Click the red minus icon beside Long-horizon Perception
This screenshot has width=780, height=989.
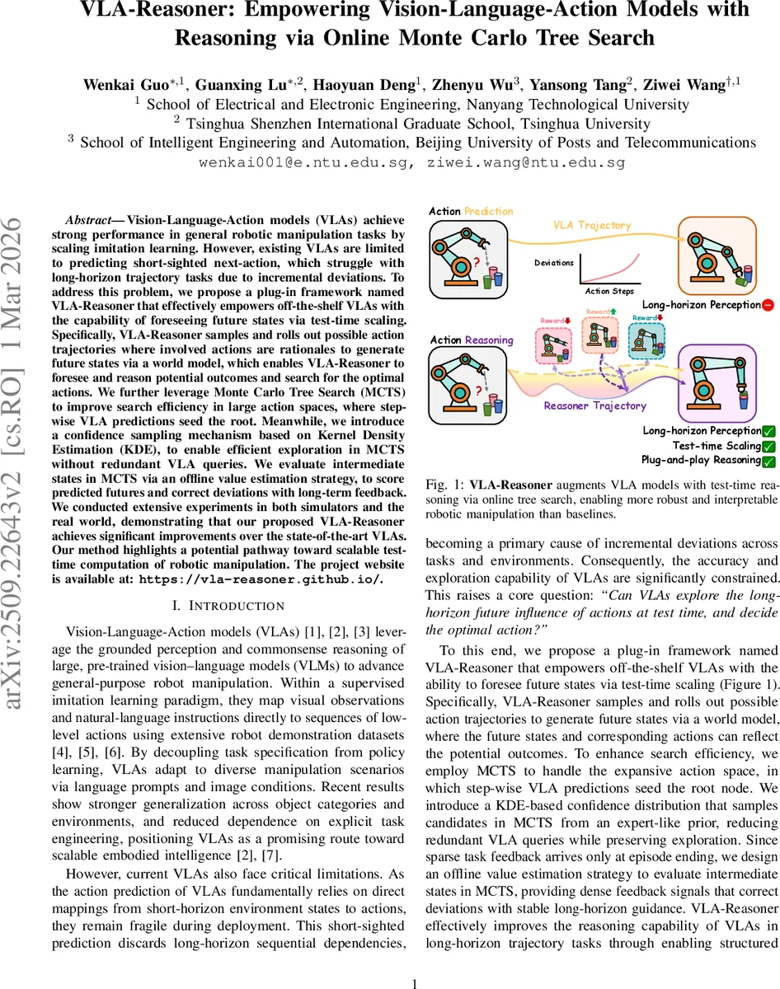tap(768, 305)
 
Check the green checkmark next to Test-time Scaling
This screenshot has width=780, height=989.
tap(768, 446)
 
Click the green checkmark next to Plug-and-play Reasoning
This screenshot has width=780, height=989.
tap(768, 461)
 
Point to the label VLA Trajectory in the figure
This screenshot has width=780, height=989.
tap(592, 225)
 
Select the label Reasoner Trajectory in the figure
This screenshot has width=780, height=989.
tap(594, 405)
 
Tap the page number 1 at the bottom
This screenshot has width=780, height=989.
tap(416, 959)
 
